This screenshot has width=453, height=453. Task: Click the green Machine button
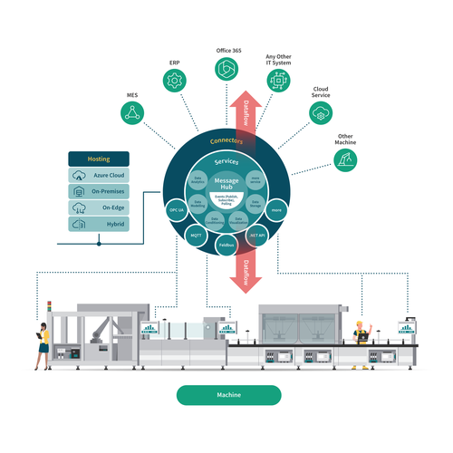228,395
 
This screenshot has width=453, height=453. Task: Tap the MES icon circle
133,111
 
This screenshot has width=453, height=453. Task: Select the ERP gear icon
175,80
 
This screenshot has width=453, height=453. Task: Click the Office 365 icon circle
226,69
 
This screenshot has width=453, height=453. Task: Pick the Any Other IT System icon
277,80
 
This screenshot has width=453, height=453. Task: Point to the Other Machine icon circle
346,159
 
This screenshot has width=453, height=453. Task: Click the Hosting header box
99,158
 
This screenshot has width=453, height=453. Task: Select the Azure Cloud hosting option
99,176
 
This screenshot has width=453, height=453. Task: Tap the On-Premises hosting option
99,191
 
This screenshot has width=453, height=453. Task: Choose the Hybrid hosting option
99,223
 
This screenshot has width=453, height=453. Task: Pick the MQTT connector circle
197,236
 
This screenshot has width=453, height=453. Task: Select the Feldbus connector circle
226,245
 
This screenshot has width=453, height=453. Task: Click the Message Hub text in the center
226,184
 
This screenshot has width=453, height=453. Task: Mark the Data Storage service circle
255,205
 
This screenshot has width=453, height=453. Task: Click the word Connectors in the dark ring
226,142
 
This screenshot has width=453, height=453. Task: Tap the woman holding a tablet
42,344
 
